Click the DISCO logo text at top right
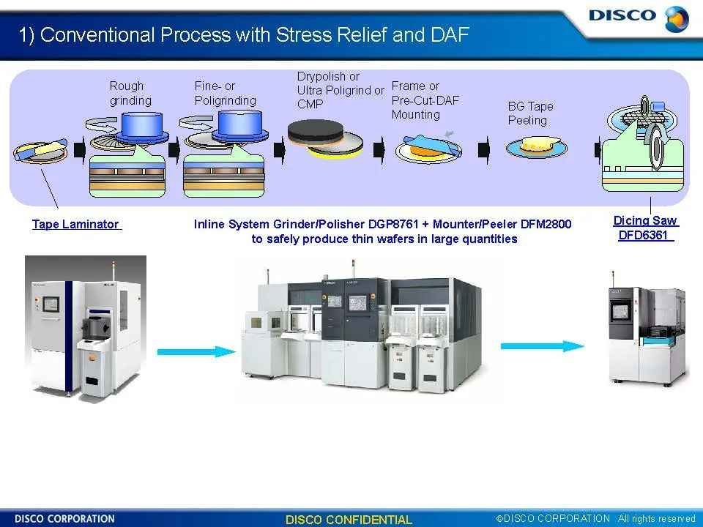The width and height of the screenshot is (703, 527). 622,15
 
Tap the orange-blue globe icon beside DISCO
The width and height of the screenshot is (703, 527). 677,18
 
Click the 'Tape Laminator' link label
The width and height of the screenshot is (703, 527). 75,225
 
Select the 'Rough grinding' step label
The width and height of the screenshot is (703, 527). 130,93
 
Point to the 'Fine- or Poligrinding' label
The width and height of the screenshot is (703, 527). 225,93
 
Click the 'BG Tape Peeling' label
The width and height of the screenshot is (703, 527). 530,113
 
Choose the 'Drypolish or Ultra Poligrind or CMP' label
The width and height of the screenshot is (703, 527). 340,90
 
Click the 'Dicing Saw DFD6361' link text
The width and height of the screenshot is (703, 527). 645,228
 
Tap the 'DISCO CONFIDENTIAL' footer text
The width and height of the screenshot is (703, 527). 349,520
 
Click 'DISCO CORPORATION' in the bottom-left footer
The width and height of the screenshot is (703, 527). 64,519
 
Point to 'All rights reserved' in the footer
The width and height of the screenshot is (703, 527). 656,519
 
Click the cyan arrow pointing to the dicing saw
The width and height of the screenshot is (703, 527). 543,346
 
